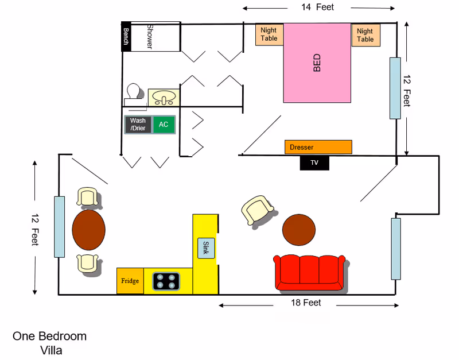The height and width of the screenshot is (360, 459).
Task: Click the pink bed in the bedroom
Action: [317, 63]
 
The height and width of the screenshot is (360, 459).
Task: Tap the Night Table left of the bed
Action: [269, 34]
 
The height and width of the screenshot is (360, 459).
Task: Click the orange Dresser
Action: [318, 147]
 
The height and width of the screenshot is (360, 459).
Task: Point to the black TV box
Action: [314, 162]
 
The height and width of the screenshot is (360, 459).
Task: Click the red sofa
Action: [310, 272]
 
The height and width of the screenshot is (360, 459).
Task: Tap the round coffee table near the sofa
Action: [299, 229]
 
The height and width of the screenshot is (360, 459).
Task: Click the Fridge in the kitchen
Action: [130, 281]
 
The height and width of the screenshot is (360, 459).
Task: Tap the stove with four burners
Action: [166, 281]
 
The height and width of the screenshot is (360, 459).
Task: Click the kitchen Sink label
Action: [206, 247]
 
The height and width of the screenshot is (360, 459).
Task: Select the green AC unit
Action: [164, 125]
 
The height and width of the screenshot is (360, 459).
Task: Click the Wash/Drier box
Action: [138, 125]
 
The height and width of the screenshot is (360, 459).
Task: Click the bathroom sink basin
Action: [165, 98]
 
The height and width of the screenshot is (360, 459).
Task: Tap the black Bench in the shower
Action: [126, 37]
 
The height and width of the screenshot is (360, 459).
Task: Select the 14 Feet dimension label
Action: [317, 7]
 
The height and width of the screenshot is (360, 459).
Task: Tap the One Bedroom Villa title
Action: [50, 343]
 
